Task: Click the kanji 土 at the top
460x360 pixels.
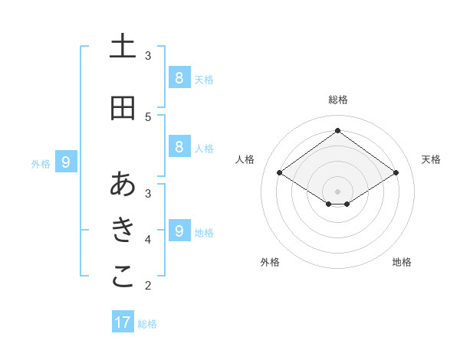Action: click(x=123, y=47)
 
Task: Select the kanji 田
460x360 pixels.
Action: click(x=123, y=108)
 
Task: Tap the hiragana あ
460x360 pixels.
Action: click(x=123, y=184)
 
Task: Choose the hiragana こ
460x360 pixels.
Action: click(x=123, y=277)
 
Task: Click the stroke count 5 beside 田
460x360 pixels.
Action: click(x=148, y=116)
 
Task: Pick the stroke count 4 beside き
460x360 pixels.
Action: click(x=148, y=239)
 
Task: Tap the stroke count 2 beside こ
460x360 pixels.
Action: click(x=148, y=286)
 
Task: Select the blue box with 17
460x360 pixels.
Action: click(x=123, y=322)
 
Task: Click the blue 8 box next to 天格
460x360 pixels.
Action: click(x=179, y=77)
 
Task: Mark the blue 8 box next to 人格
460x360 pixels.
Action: click(x=179, y=147)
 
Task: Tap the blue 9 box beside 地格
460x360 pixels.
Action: click(x=179, y=231)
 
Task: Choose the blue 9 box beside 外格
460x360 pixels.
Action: click(x=66, y=162)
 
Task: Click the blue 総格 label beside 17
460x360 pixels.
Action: click(x=147, y=324)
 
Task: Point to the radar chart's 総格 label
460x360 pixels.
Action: click(x=337, y=100)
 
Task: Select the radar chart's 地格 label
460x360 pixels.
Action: click(x=402, y=262)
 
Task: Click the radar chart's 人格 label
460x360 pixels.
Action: click(x=245, y=159)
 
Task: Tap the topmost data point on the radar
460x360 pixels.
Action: click(x=337, y=130)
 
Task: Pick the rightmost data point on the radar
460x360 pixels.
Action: click(x=396, y=173)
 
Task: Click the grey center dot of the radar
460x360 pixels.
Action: click(x=337, y=191)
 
